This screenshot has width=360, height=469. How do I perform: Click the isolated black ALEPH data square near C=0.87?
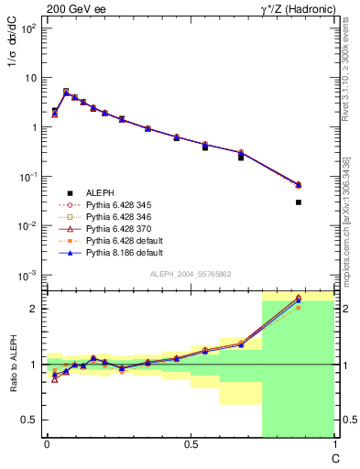299,202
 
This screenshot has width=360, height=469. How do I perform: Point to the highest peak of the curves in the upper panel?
65,92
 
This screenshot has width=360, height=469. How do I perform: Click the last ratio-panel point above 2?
299,299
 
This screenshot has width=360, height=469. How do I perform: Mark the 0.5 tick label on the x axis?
190,444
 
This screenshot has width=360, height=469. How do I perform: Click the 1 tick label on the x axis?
333,444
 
